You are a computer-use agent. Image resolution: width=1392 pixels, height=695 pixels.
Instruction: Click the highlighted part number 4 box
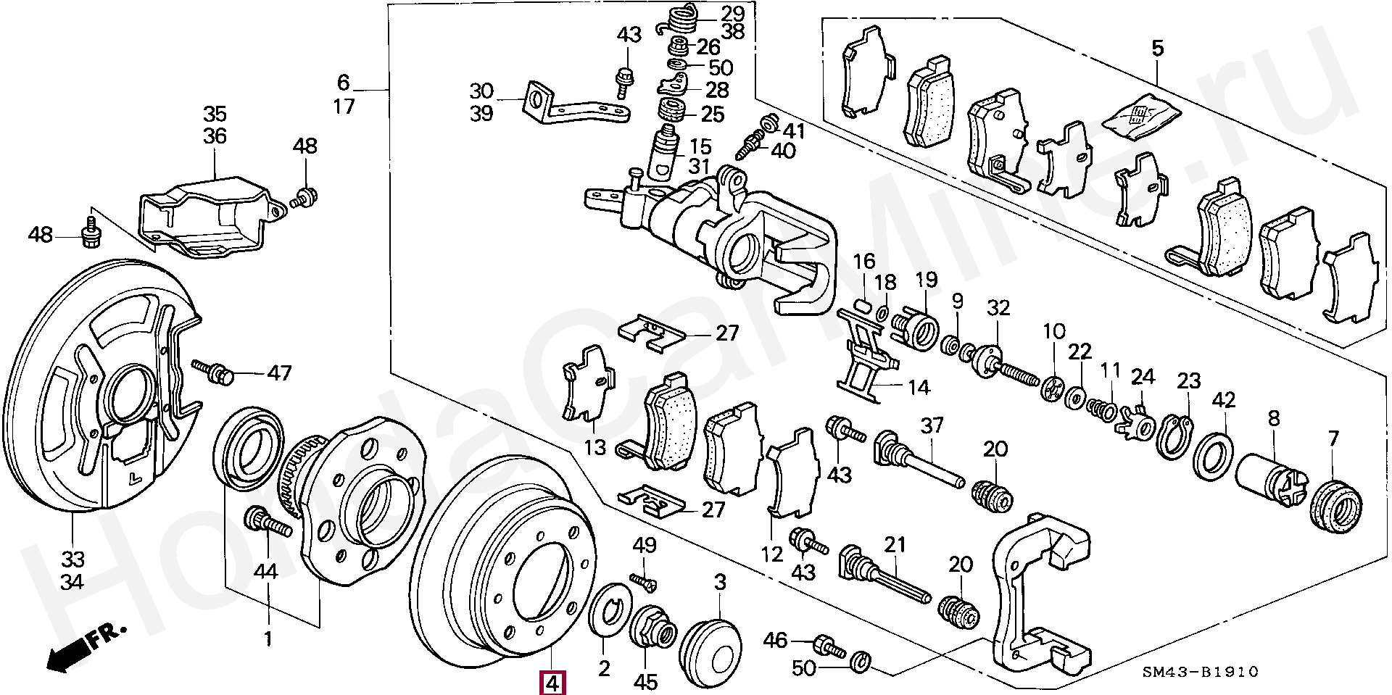[x=552, y=683]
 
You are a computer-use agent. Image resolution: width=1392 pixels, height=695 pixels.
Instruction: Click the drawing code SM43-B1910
[x=1201, y=672]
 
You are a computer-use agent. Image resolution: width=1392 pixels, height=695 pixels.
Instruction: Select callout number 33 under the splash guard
[x=72, y=559]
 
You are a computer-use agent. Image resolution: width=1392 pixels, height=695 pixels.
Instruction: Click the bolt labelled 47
[x=213, y=371]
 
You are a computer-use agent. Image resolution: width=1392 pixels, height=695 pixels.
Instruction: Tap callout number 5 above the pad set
[x=1157, y=49]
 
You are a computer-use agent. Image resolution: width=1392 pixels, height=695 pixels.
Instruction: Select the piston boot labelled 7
[x=1336, y=504]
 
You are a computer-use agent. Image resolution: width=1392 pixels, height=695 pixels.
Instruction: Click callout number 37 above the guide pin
[x=932, y=425]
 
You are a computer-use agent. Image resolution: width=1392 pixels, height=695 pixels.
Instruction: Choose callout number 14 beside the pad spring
[x=919, y=388]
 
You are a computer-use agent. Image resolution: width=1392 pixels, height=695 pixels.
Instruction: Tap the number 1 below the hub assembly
[x=268, y=639]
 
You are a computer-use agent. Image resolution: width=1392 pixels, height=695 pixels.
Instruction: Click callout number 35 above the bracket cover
[x=215, y=114]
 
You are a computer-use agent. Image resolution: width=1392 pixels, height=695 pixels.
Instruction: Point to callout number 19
[x=927, y=280]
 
